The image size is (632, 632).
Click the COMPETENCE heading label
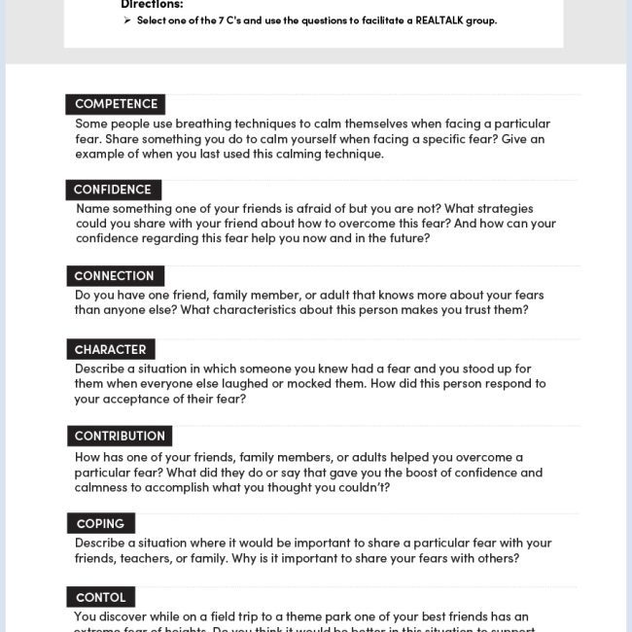(x=116, y=104)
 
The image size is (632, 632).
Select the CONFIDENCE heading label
(x=113, y=190)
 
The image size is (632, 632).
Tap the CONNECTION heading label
(x=115, y=276)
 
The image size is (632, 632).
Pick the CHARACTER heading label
(x=110, y=349)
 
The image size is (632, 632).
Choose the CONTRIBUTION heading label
(x=120, y=436)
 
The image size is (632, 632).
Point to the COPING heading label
(x=100, y=523)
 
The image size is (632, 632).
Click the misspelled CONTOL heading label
(x=100, y=597)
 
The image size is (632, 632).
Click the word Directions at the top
(x=152, y=5)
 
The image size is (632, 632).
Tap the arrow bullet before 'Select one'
(x=126, y=20)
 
